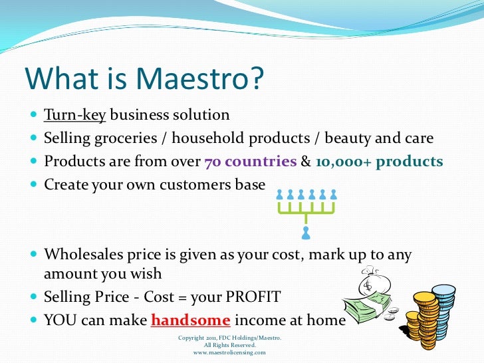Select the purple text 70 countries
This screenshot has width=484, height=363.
(250, 162)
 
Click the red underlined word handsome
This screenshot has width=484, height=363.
(191, 320)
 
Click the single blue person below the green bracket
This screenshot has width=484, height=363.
(305, 233)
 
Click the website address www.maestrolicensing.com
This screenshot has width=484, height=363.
(229, 352)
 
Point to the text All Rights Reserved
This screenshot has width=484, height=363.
(229, 345)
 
